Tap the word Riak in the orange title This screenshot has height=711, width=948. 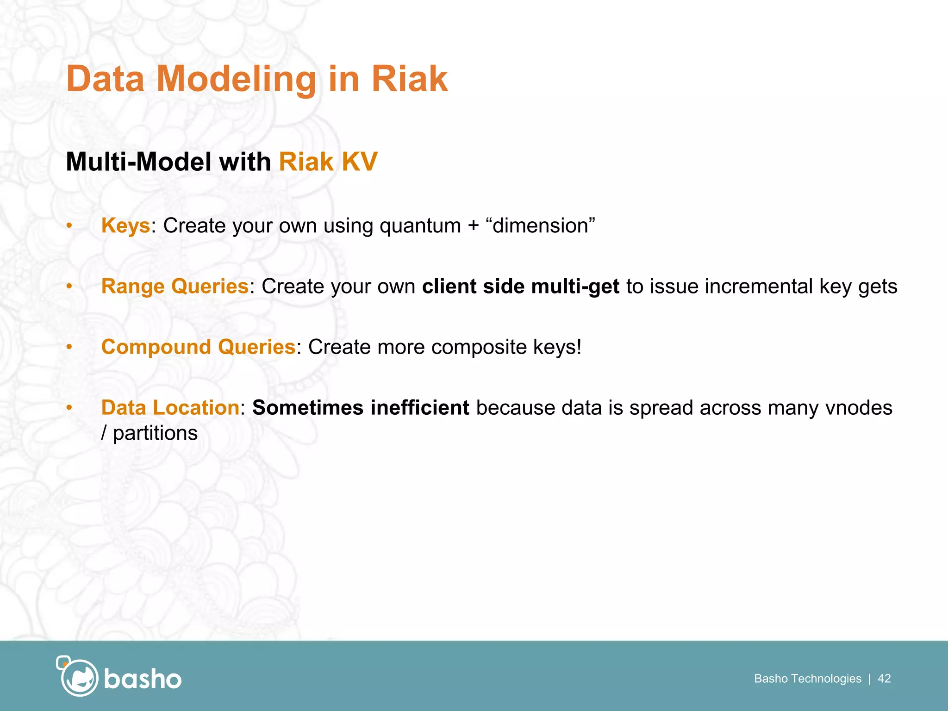pyautogui.click(x=409, y=79)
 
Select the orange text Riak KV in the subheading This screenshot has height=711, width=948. pyautogui.click(x=328, y=162)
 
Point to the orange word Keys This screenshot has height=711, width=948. pyautogui.click(x=125, y=226)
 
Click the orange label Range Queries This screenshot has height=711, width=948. pyautogui.click(x=175, y=287)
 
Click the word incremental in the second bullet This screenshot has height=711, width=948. pyautogui.click(x=759, y=287)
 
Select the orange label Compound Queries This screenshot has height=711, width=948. pyautogui.click(x=198, y=347)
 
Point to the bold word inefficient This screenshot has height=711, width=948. pyautogui.click(x=420, y=408)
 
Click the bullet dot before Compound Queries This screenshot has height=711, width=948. pyautogui.click(x=69, y=347)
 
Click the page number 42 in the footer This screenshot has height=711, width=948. pyautogui.click(x=884, y=679)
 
